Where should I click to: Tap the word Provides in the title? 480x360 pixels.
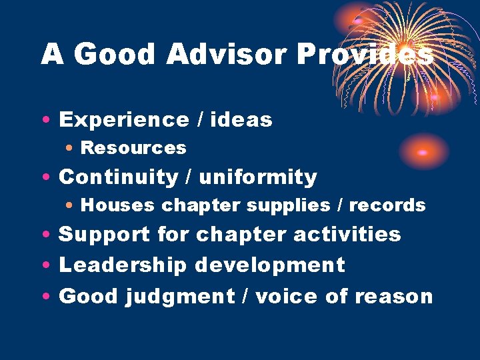(365, 55)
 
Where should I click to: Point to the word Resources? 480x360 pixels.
(133, 148)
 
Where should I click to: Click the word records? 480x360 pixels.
(387, 205)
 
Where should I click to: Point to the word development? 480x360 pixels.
(270, 265)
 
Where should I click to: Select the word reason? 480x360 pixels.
(394, 296)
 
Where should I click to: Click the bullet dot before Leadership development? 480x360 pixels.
(44, 266)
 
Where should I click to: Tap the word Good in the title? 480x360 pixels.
(115, 55)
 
